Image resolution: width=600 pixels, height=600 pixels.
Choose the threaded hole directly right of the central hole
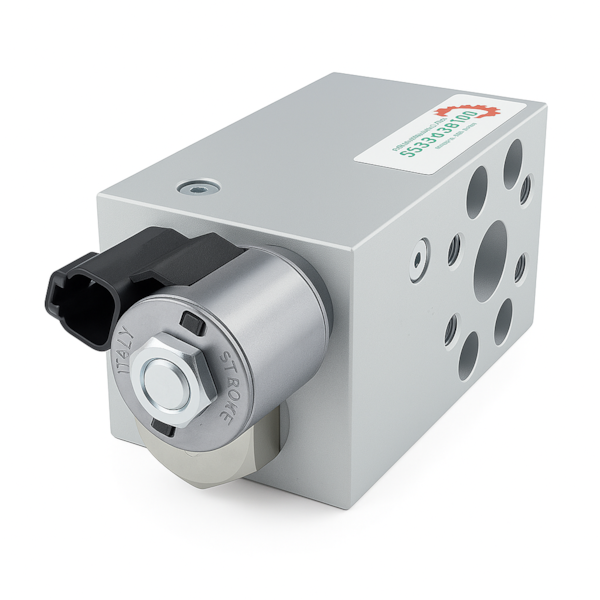click(x=521, y=267)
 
